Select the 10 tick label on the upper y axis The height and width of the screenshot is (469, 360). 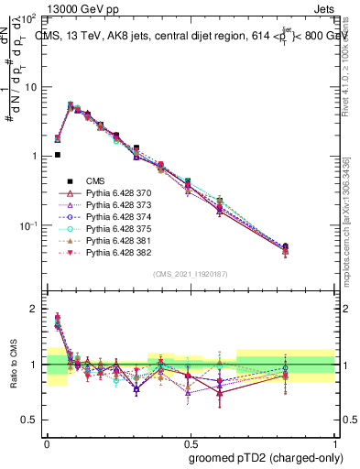(30, 87)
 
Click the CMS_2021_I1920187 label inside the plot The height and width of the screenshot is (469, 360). (190, 274)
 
